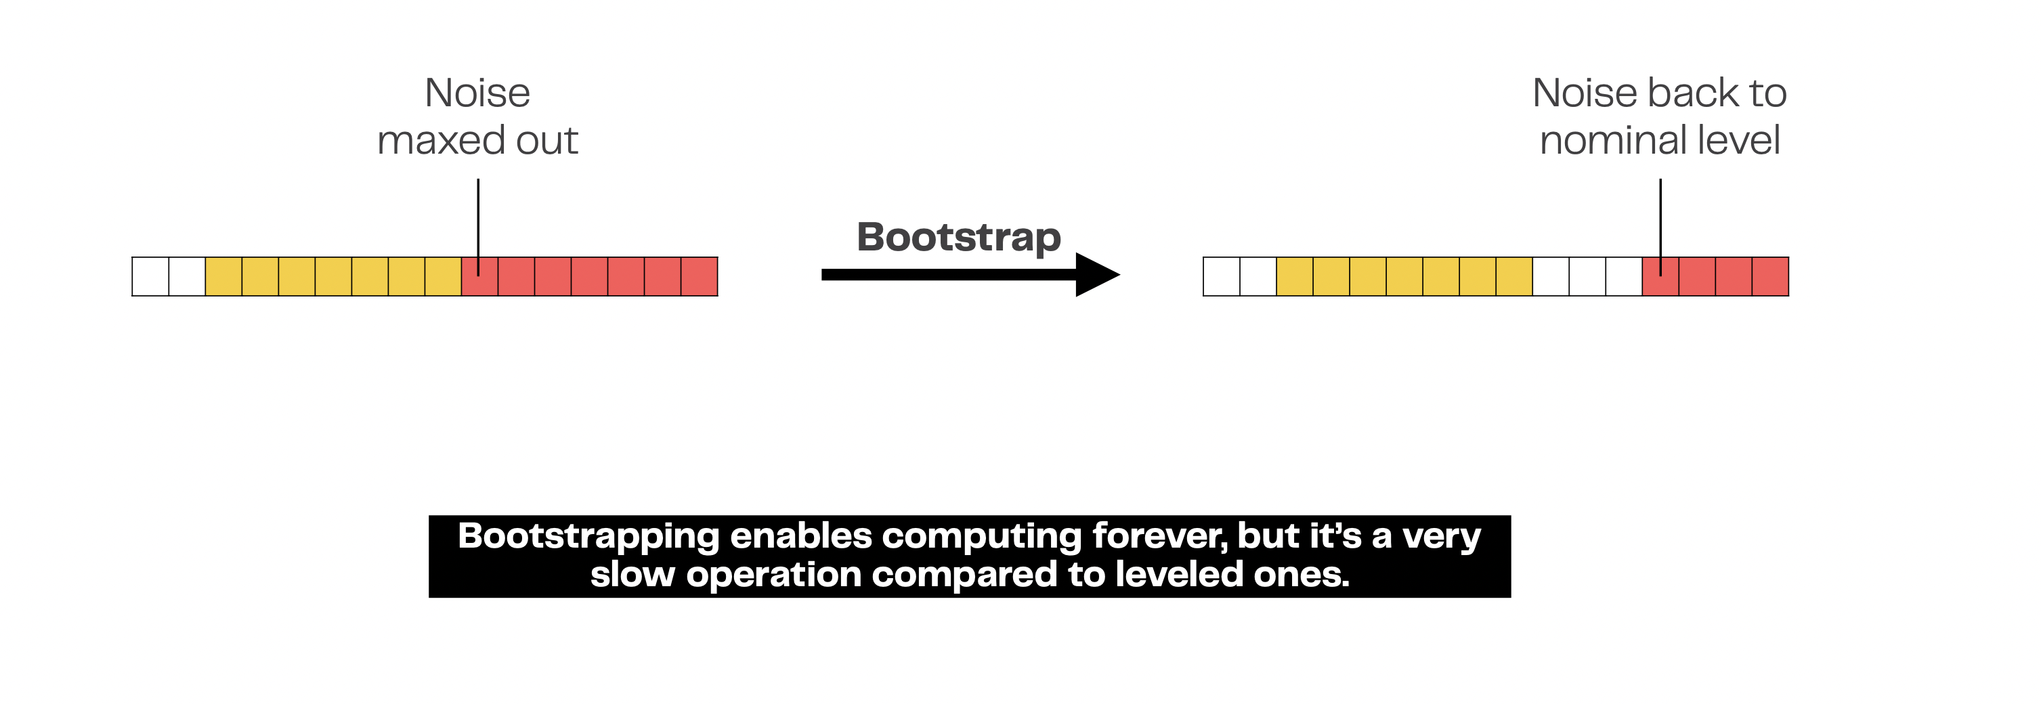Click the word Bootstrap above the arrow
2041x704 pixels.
pyautogui.click(x=959, y=238)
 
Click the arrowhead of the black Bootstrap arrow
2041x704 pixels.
pyautogui.click(x=1097, y=275)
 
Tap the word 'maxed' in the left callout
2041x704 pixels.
pyautogui.click(x=442, y=140)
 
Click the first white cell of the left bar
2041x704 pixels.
pyautogui.click(x=150, y=276)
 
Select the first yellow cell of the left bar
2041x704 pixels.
pyautogui.click(x=223, y=276)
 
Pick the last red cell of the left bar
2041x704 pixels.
pyautogui.click(x=700, y=276)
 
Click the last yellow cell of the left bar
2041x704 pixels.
pyautogui.click(x=443, y=276)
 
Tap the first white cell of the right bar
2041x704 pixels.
pyautogui.click(x=1222, y=276)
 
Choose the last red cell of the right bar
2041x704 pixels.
pyautogui.click(x=1771, y=276)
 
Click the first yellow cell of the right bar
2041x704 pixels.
pyautogui.click(x=1295, y=276)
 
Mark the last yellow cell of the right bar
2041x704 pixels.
pyautogui.click(x=1514, y=276)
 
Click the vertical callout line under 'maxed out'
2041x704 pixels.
pyautogui.click(x=479, y=227)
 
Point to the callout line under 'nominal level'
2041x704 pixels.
pyautogui.click(x=1660, y=227)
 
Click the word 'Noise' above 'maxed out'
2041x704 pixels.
pyautogui.click(x=478, y=93)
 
